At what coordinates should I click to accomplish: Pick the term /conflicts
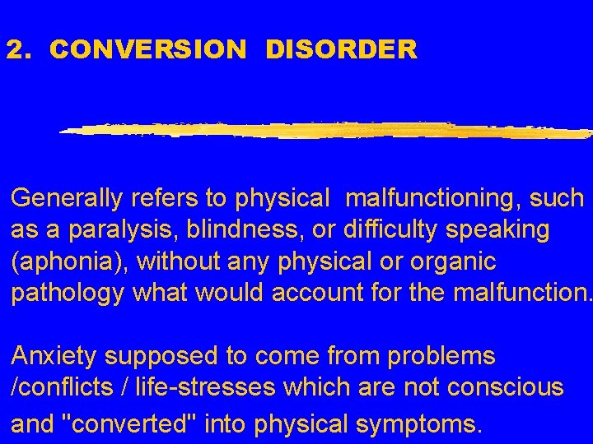click(x=60, y=388)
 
